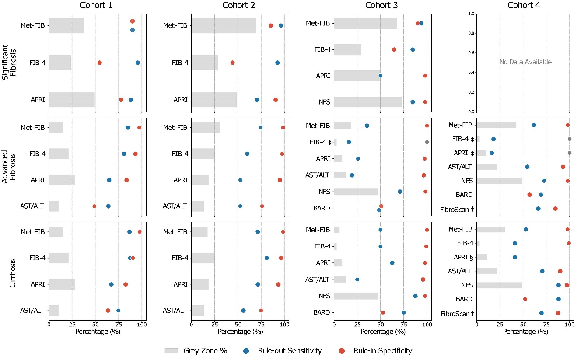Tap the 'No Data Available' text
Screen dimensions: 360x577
point(525,62)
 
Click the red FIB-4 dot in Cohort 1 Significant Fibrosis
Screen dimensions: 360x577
point(100,63)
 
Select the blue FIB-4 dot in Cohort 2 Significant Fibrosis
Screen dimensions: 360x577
point(277,63)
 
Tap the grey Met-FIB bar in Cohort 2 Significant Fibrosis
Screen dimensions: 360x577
point(224,25)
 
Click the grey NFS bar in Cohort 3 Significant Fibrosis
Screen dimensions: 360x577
point(368,102)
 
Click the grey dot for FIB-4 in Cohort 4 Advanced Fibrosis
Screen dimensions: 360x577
point(570,139)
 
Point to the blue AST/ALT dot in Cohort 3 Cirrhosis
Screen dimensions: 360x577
point(357,280)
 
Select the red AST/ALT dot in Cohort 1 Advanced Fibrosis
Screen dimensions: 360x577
point(94,206)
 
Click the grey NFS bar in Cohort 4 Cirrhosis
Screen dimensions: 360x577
point(499,285)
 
